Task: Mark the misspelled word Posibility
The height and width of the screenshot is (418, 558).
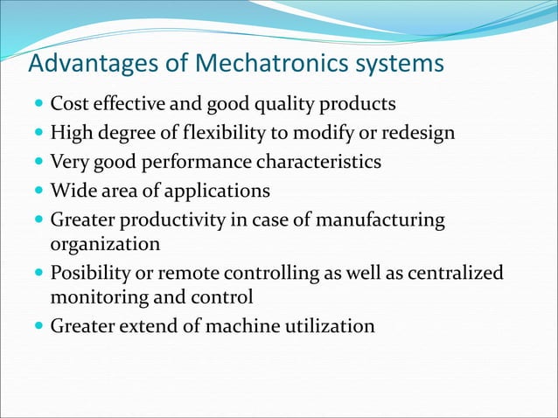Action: pos(87,274)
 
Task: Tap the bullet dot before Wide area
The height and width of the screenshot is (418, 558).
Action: pos(38,191)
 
